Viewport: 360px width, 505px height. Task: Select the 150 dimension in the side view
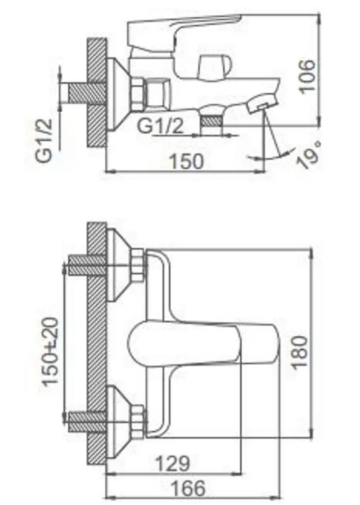(x=186, y=161)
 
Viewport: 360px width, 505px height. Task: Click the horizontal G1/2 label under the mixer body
(x=161, y=126)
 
